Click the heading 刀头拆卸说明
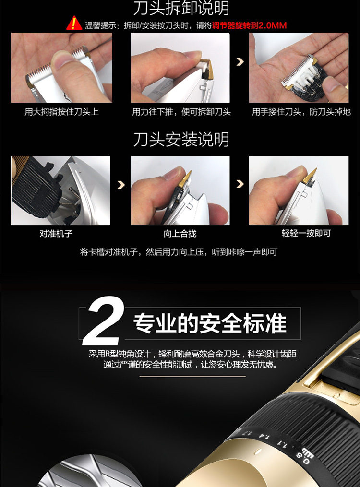point(180,8)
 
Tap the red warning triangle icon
point(74,24)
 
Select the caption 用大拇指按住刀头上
point(61,112)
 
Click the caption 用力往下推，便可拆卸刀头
point(181,112)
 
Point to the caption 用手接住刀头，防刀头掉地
point(301,112)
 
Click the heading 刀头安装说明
point(180,140)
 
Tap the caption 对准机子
point(56,234)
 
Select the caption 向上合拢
point(180,234)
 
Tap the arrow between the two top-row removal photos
point(240,62)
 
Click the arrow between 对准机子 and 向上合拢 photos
point(120,185)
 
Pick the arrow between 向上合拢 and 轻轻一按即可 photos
point(240,185)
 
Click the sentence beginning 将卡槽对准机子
point(178,252)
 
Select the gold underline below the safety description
point(192,377)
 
